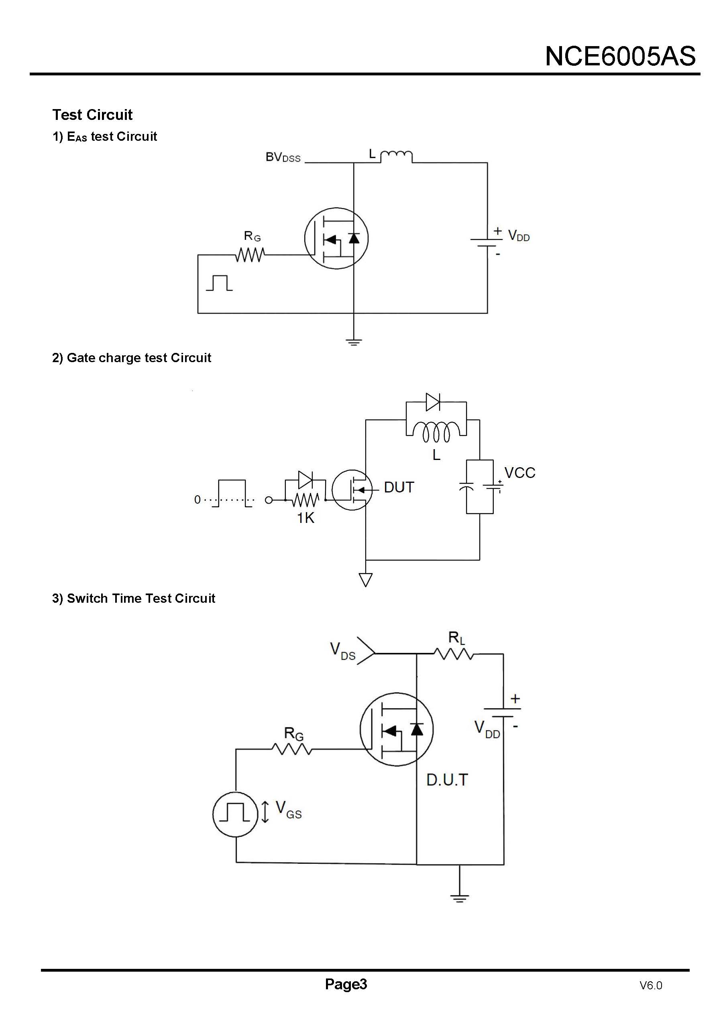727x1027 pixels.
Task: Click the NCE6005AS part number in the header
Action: pyautogui.click(x=620, y=57)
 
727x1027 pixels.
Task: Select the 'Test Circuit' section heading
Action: pyautogui.click(x=92, y=115)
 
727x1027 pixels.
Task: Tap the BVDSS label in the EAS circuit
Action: pyautogui.click(x=283, y=158)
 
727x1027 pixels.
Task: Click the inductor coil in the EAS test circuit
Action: pyautogui.click(x=396, y=156)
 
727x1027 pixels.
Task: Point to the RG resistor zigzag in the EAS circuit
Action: pyautogui.click(x=250, y=255)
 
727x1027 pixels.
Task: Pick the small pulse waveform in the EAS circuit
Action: pyautogui.click(x=219, y=283)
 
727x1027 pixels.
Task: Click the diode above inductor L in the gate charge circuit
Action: pyautogui.click(x=433, y=402)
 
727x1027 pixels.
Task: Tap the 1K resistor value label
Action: pyautogui.click(x=306, y=518)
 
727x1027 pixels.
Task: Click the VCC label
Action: pyautogui.click(x=520, y=473)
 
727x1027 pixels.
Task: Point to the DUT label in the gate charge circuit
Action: pyautogui.click(x=399, y=487)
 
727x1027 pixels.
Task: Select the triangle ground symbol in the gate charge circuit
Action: pyautogui.click(x=366, y=580)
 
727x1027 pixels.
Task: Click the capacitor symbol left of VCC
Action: pyautogui.click(x=466, y=486)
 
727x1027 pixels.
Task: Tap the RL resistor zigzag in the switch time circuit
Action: pyautogui.click(x=454, y=654)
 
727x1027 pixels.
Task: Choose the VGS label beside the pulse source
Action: pyautogui.click(x=288, y=810)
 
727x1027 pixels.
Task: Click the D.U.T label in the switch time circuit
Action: pyautogui.click(x=447, y=780)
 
